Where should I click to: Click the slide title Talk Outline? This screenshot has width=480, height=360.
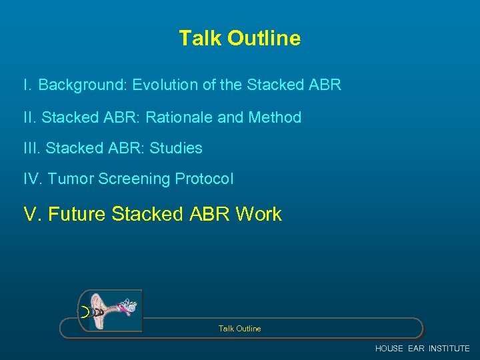coord(239,39)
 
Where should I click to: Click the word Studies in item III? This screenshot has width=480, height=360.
coord(176,148)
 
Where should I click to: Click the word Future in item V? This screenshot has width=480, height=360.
coord(78,214)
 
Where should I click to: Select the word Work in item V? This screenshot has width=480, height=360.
coord(259,214)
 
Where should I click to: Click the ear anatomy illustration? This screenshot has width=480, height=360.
coord(111,311)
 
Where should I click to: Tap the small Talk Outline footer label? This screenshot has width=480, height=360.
coord(239,329)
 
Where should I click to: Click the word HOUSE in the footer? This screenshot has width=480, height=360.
coord(389,349)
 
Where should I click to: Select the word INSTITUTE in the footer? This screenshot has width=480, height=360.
coord(449,349)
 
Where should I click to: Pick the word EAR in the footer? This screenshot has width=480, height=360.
coord(416,349)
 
